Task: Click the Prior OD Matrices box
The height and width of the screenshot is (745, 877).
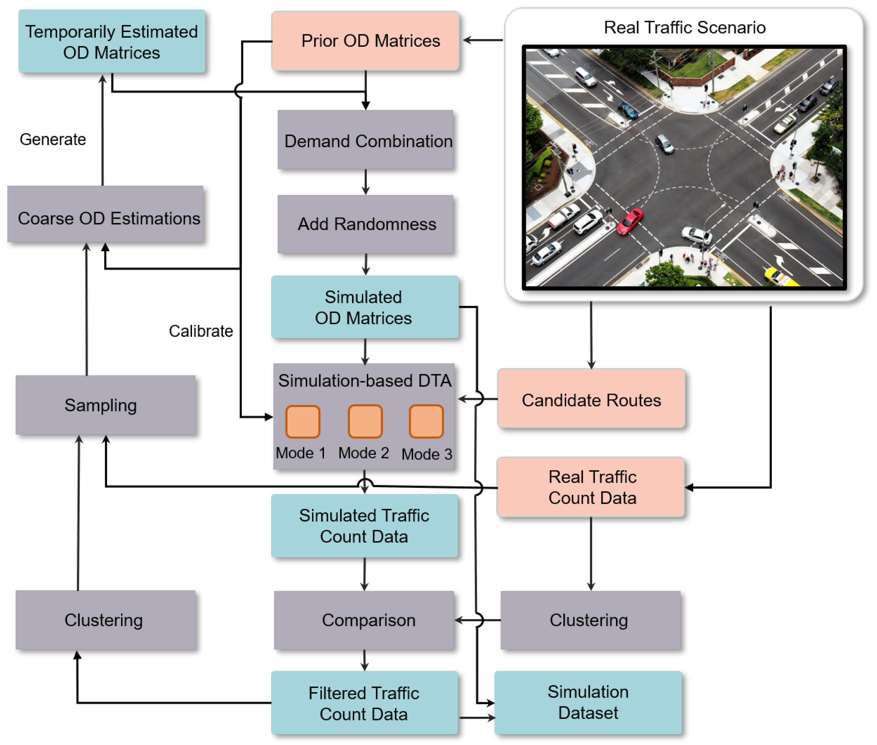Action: tap(365, 41)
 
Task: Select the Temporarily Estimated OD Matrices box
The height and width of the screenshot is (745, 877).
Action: tap(112, 42)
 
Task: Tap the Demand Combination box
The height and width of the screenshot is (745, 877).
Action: tap(365, 140)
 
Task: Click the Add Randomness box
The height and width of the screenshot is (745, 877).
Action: tap(365, 224)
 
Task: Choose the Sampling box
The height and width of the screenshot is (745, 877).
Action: tap(105, 405)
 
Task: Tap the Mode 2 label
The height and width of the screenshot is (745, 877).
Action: tap(363, 453)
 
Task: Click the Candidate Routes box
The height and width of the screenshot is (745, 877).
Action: tap(591, 399)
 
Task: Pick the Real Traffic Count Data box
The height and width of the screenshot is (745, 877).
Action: tap(591, 487)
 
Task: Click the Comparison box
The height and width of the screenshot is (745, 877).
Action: tap(364, 620)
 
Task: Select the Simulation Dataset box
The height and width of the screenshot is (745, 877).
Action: tap(588, 702)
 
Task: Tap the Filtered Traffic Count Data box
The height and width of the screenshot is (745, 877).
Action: tap(364, 703)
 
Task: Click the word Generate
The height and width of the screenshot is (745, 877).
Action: tap(53, 139)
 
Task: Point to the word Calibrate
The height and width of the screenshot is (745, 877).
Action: tap(201, 331)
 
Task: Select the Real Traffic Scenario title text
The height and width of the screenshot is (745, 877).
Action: tap(684, 27)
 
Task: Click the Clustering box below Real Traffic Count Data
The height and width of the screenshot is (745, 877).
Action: tap(590, 620)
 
